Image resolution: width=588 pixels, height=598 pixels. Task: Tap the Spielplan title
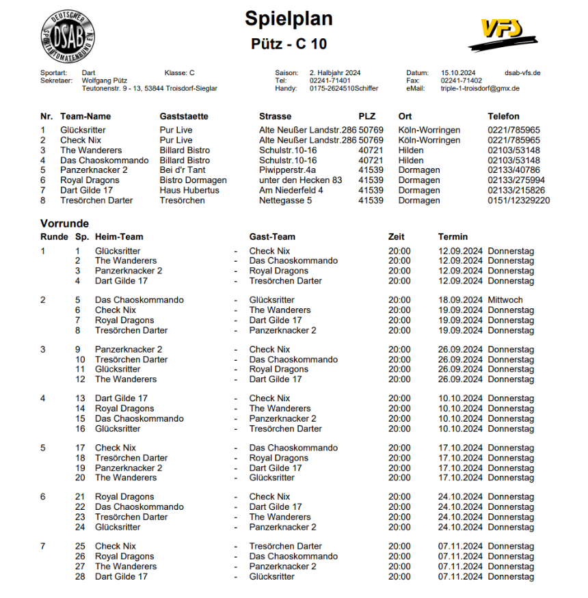pos(289,19)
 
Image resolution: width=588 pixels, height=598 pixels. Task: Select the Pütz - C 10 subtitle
pos(289,44)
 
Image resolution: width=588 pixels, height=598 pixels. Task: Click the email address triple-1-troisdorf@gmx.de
pos(479,88)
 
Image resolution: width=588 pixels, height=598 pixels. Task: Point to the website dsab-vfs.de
pos(522,72)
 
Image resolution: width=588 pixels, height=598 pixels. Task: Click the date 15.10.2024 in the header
pos(457,72)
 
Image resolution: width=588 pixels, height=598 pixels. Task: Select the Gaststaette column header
pos(184,116)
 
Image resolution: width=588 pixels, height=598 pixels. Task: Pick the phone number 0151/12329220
pos(518,200)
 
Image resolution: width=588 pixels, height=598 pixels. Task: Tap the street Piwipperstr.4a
pos(287,170)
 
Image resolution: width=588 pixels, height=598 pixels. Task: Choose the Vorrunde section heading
pos(64,223)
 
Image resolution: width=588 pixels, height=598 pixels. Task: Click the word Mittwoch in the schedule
pos(505,300)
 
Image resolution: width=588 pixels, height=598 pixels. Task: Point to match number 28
pos(80,576)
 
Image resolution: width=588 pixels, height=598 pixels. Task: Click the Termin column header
pos(453,236)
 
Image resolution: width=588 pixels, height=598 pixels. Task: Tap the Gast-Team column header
pos(272,236)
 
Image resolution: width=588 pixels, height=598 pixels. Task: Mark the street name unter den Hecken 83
pos(300,180)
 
